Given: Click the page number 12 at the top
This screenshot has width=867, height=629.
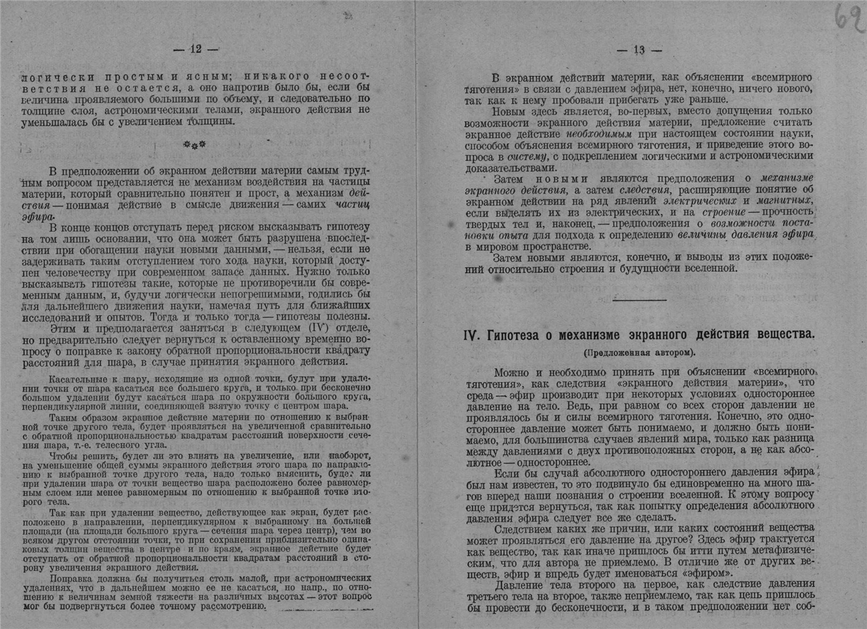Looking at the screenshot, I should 196,49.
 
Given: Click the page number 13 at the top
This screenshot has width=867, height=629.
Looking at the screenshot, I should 640,50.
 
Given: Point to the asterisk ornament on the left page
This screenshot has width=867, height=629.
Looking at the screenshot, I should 194,145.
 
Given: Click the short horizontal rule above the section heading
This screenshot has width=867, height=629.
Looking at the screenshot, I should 639,300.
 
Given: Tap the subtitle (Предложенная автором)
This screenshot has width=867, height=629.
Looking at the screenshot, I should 639,352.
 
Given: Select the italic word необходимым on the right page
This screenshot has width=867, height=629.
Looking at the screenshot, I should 598,134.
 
